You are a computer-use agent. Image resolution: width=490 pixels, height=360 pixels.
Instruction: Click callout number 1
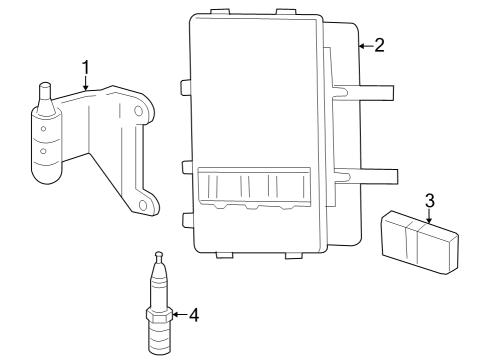coord(86,67)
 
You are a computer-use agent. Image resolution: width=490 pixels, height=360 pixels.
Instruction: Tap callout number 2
coord(378,46)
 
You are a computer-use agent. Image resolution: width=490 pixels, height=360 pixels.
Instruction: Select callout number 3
coord(429,200)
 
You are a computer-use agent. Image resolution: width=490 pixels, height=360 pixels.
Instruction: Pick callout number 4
coord(194,315)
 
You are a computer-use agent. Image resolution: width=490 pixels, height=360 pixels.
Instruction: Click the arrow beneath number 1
coord(86,85)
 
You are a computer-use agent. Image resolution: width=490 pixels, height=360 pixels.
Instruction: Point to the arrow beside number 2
coord(363,46)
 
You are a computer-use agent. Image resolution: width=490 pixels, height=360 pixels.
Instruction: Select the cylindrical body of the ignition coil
coord(46,145)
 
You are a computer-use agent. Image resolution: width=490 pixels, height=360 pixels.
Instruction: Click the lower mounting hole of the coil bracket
coord(143,206)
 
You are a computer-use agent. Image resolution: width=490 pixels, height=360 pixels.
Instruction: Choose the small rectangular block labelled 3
coord(418,238)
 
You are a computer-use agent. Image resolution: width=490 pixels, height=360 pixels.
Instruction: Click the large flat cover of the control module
coord(255,95)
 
